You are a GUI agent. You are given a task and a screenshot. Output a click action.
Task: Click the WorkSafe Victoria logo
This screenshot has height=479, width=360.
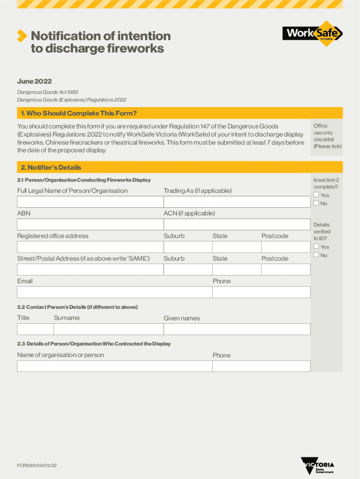point(312,33)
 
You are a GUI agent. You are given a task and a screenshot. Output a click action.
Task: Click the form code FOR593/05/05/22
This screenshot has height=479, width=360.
point(37,466)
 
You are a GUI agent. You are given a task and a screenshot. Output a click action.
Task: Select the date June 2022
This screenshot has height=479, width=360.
point(35,81)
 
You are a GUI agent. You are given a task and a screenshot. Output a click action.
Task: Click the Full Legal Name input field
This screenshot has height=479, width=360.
point(90,202)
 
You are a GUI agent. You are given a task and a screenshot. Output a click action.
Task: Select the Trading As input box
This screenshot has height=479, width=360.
point(236,202)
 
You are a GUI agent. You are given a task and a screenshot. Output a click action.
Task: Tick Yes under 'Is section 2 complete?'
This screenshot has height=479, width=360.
point(317,195)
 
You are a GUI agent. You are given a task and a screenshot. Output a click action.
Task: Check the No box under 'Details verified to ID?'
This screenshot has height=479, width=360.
point(317,255)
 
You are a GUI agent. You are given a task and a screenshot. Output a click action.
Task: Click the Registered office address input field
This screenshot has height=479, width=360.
point(90,247)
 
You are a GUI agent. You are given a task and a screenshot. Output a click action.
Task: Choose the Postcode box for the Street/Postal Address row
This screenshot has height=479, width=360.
point(285,269)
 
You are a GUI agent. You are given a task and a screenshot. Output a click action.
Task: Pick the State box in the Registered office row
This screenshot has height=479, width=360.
point(236,247)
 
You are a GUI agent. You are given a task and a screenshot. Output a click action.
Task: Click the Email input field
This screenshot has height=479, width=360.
point(114,292)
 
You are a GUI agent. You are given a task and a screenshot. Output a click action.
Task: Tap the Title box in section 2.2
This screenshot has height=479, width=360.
point(35,329)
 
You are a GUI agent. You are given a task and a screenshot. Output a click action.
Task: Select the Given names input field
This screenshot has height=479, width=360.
point(236,329)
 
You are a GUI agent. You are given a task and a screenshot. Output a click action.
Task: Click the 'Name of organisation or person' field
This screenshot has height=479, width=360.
point(114,366)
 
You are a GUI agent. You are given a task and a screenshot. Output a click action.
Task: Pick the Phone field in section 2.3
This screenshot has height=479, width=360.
point(261,366)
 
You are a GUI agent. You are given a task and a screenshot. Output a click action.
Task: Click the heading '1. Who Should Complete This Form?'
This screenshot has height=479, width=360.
point(79,113)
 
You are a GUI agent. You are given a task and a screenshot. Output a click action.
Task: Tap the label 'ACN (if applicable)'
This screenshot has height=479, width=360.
point(189,213)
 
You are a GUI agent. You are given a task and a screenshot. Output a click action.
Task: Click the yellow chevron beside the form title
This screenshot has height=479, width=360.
point(22,36)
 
